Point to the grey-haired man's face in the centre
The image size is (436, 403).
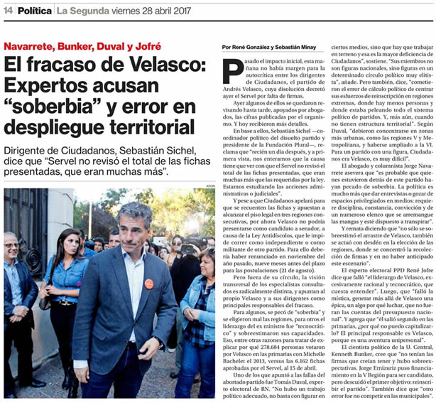134,235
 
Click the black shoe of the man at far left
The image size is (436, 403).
21,390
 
